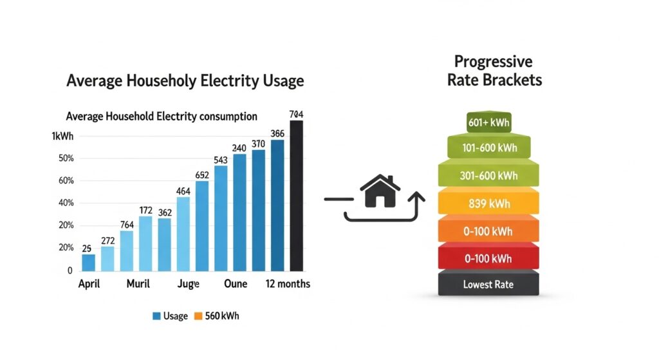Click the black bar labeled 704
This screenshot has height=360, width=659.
tap(296, 196)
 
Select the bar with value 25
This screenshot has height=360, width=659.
tap(88, 263)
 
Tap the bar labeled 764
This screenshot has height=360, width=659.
tap(126, 251)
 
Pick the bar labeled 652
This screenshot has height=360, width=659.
tap(202, 225)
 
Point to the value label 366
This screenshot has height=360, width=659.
tap(277, 134)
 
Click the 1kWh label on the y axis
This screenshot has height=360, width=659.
tap(62, 137)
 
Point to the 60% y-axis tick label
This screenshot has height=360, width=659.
tap(66, 181)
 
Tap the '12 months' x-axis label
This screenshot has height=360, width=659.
tap(288, 284)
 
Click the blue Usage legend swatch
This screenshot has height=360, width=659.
tap(156, 316)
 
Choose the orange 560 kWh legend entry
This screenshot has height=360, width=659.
tap(217, 316)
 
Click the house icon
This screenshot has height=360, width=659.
tap(379, 191)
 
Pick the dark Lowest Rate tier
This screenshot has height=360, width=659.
tap(488, 284)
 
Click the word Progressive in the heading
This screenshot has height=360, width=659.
tap(494, 62)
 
